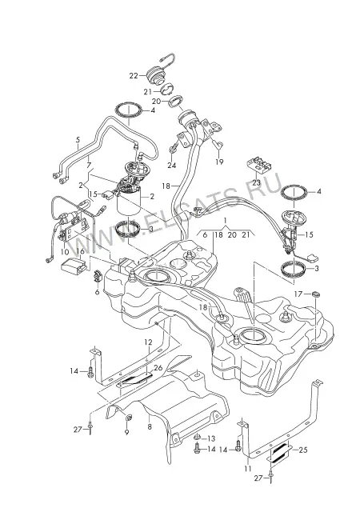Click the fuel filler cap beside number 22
(x=156, y=76)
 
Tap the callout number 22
(x=134, y=76)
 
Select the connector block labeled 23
(x=259, y=165)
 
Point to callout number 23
(x=256, y=182)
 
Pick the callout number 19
(x=220, y=162)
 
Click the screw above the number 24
(x=172, y=149)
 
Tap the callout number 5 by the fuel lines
(x=78, y=140)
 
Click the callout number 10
(x=65, y=252)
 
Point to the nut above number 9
(x=128, y=418)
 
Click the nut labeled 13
(x=198, y=438)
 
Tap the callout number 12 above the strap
(x=148, y=342)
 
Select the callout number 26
(x=158, y=368)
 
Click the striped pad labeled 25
(x=280, y=453)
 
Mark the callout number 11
(x=248, y=469)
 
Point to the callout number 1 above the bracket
(x=226, y=221)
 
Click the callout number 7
(x=89, y=166)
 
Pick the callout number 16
(x=80, y=251)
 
